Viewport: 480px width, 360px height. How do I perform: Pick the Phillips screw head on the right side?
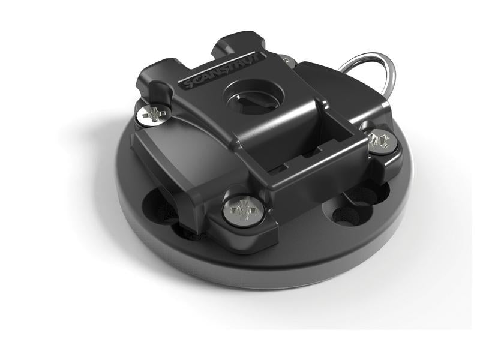(380, 143)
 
